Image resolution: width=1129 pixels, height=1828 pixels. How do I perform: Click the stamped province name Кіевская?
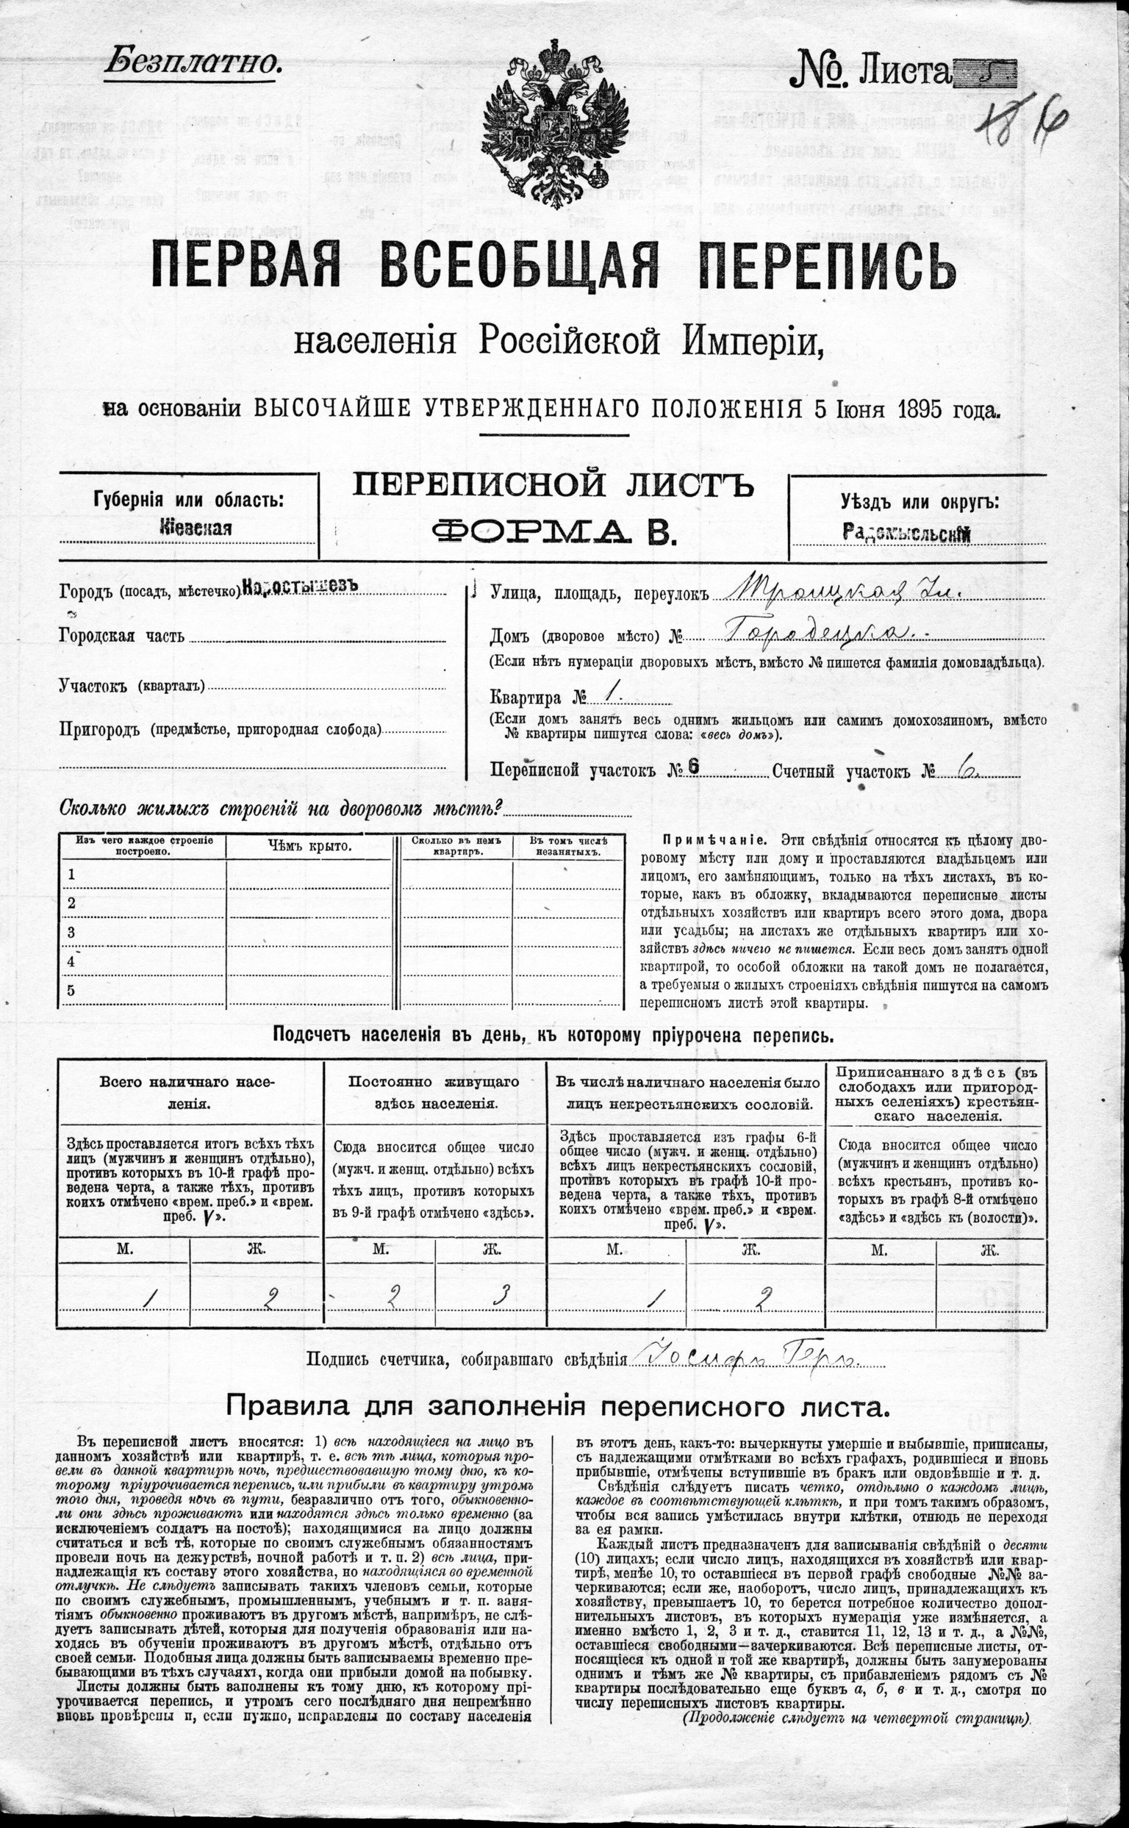pyautogui.click(x=196, y=528)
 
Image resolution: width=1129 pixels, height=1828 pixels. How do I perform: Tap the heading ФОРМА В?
pyautogui.click(x=554, y=531)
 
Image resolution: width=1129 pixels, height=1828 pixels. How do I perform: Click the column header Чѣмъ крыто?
pyautogui.click(x=309, y=845)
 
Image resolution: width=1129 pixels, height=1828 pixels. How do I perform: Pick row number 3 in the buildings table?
pyautogui.click(x=72, y=931)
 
